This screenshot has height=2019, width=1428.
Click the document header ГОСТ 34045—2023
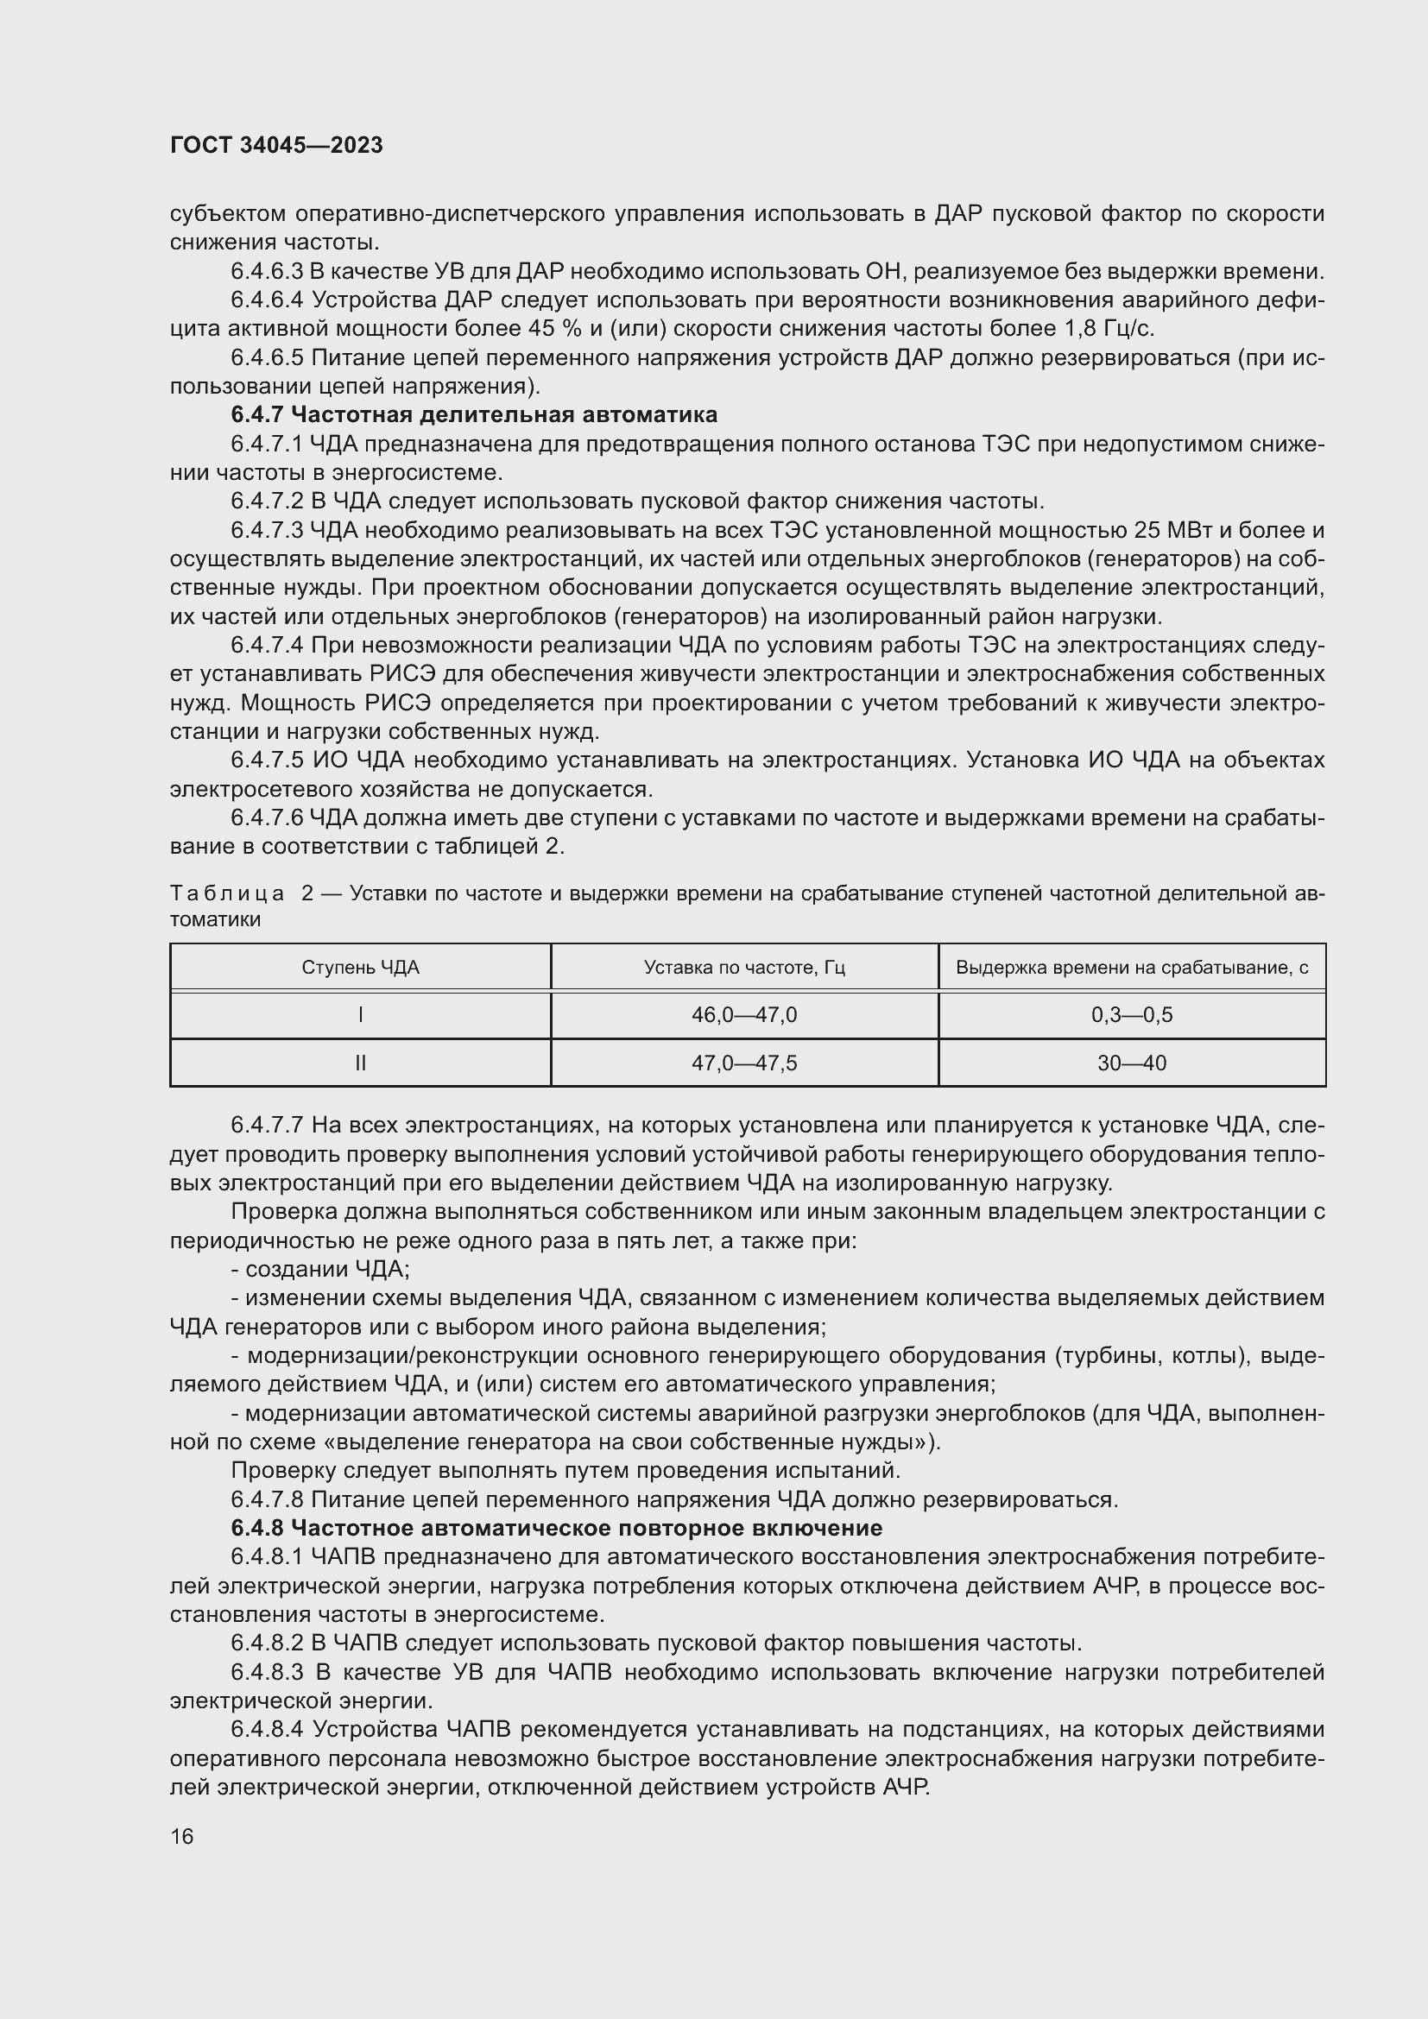point(276,146)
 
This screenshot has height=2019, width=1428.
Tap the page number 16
point(182,1836)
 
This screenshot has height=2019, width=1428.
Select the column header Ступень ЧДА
point(361,968)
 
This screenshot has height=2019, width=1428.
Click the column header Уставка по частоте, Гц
point(744,968)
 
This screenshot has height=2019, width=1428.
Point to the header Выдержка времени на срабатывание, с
point(1132,968)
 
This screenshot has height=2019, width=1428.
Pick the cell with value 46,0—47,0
point(744,1015)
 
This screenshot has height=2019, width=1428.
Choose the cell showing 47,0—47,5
point(744,1063)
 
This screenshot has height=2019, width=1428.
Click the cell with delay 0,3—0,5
point(1132,1015)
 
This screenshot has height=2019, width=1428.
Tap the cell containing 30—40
point(1132,1063)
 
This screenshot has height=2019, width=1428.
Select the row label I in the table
point(361,1015)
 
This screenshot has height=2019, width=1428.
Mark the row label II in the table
point(361,1063)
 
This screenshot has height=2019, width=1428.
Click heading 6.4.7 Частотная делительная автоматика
point(474,414)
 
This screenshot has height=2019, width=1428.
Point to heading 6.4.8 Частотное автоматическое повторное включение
point(556,1528)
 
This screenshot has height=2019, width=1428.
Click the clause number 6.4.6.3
point(268,271)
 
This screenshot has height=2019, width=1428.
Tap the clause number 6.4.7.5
point(268,760)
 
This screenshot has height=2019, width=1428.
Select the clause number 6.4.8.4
point(268,1730)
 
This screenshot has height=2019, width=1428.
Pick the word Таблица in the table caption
point(227,893)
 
